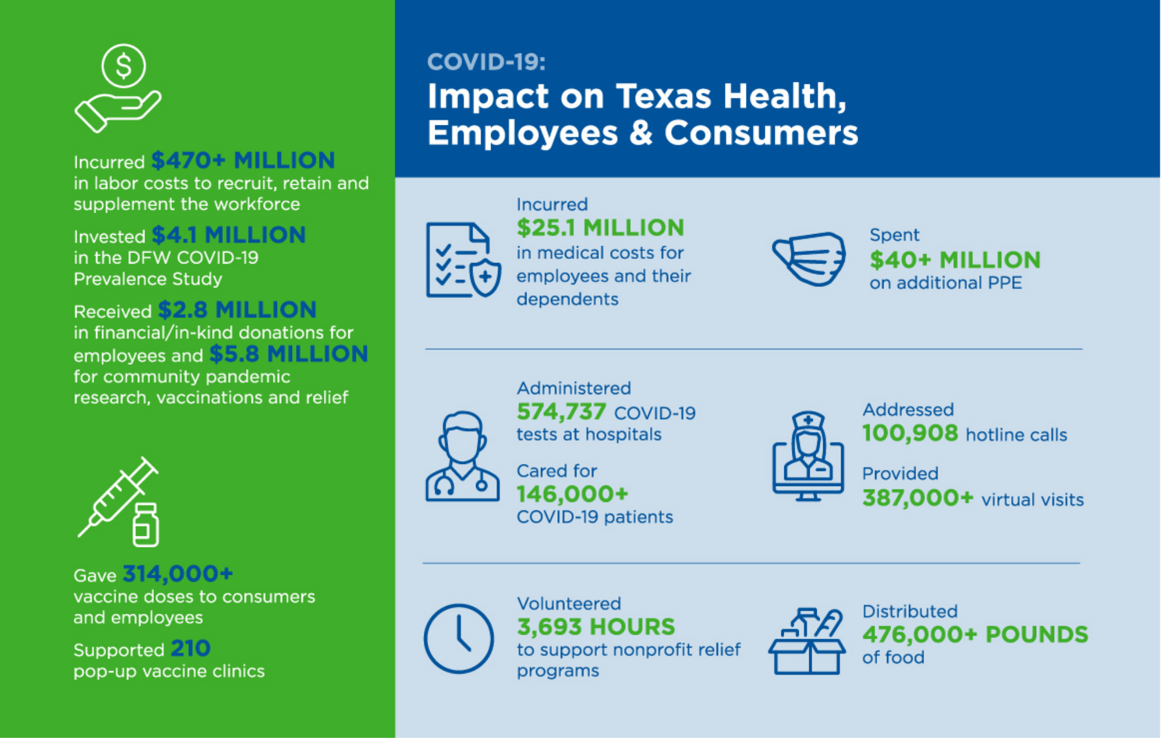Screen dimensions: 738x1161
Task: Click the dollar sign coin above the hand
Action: pyautogui.click(x=123, y=66)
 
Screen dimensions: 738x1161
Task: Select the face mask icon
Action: pyautogui.click(x=809, y=258)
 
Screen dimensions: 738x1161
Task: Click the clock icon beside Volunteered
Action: pyautogui.click(x=459, y=639)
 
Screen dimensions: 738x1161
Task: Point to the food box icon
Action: pyautogui.click(x=807, y=642)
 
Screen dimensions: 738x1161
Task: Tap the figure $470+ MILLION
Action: pyautogui.click(x=243, y=160)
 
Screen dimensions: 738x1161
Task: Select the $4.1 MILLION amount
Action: pyautogui.click(x=229, y=235)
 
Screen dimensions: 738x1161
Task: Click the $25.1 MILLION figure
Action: pyautogui.click(x=600, y=228)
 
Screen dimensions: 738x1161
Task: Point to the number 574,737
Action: pyautogui.click(x=561, y=412)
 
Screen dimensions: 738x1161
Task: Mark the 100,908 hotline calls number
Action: pyautogui.click(x=910, y=433)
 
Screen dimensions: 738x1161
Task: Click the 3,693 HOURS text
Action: pyautogui.click(x=596, y=627)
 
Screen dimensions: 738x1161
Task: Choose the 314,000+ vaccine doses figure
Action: pyautogui.click(x=178, y=574)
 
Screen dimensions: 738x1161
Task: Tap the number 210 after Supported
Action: pyautogui.click(x=190, y=649)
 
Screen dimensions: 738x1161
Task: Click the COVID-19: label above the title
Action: pyautogui.click(x=486, y=62)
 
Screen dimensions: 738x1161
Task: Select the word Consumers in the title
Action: pyautogui.click(x=761, y=133)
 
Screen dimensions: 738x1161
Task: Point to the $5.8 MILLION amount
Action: pyautogui.click(x=289, y=354)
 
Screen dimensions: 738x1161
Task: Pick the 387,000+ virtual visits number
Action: pyautogui.click(x=917, y=498)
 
